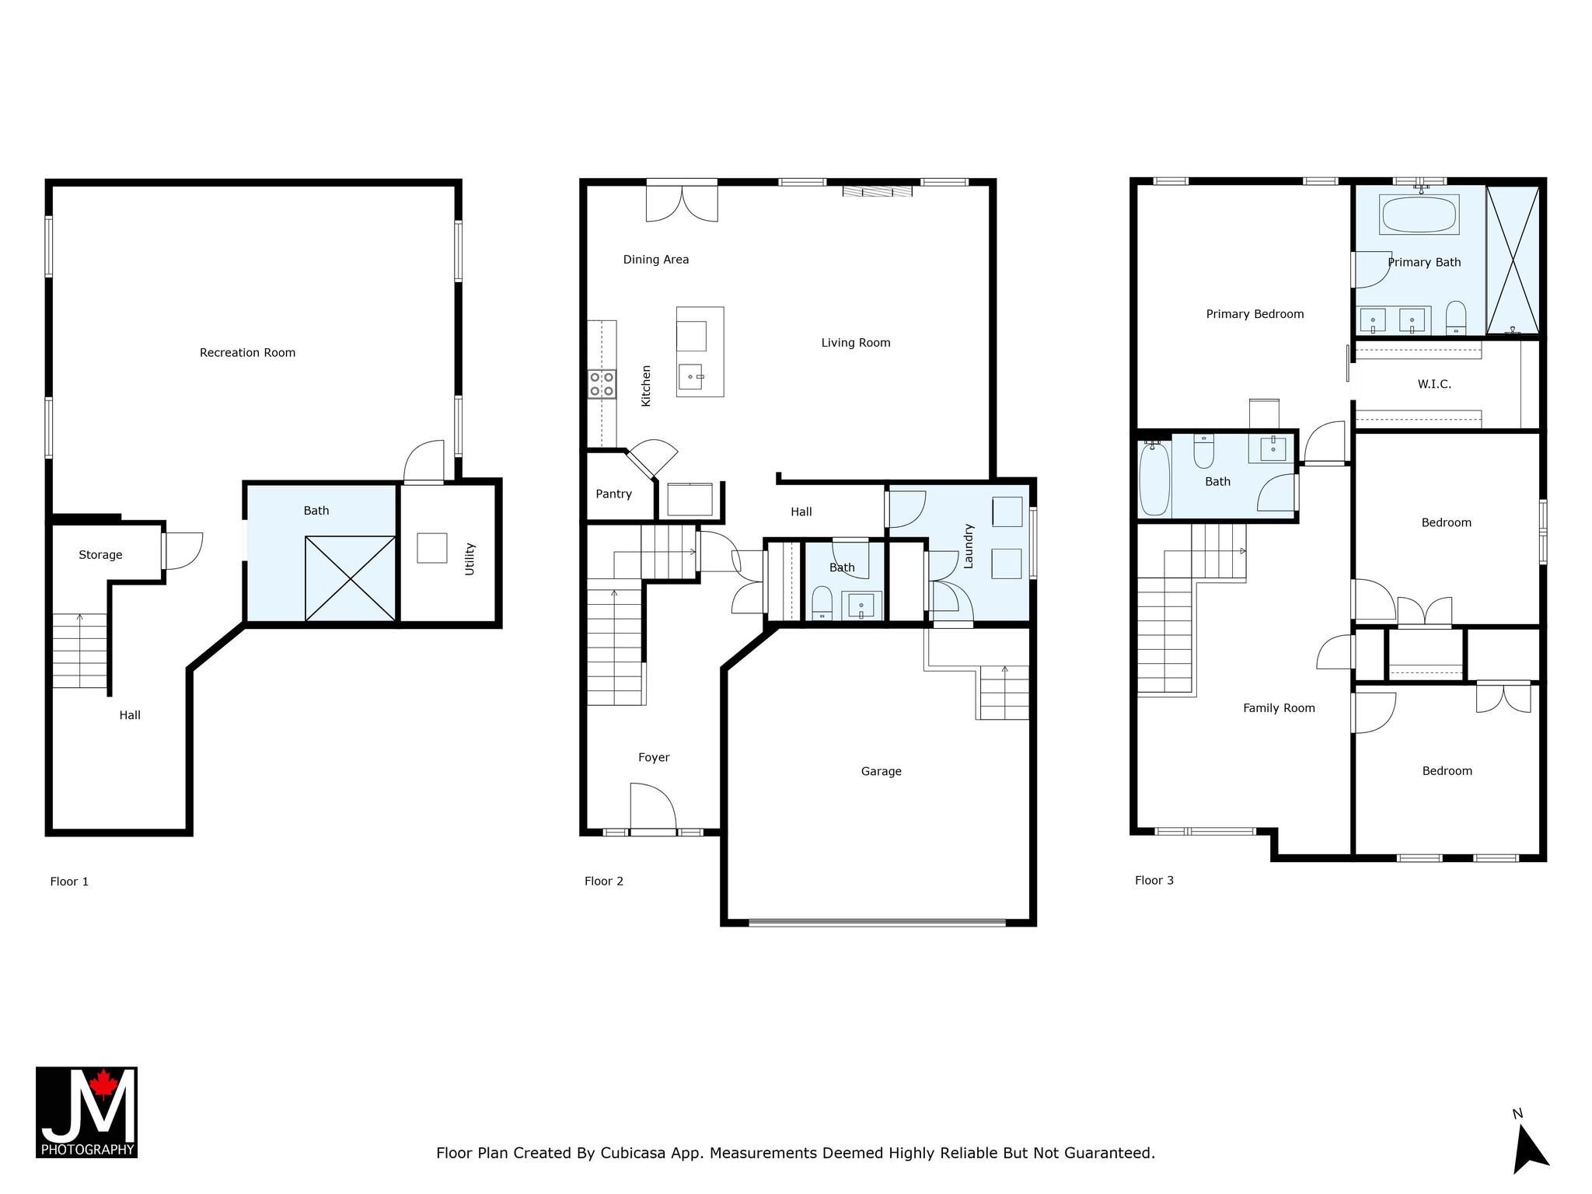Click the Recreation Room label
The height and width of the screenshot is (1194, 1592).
[x=247, y=353]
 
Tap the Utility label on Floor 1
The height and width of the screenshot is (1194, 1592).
[x=470, y=559]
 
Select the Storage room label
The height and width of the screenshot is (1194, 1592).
[x=100, y=555]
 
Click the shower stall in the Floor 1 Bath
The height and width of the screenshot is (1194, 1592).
[x=351, y=578]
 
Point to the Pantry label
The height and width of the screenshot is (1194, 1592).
[x=613, y=494]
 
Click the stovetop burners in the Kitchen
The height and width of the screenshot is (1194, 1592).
[x=602, y=384]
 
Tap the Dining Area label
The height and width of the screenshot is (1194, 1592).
[x=656, y=260]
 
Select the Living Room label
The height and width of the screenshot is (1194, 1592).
[x=856, y=343]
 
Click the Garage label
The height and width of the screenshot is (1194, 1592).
[x=881, y=771]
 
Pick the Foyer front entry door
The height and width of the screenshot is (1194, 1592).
[x=653, y=808]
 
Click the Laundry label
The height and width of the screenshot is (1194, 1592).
[x=969, y=546]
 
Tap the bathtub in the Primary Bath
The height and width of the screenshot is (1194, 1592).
[x=1419, y=215]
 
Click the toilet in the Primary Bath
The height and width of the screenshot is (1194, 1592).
[x=1456, y=318]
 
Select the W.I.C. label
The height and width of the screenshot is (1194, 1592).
[x=1434, y=384]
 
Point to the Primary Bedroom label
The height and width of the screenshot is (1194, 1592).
[x=1255, y=314]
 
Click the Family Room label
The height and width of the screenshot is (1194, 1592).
[x=1279, y=708]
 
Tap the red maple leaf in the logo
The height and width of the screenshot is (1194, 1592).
[x=102, y=1084]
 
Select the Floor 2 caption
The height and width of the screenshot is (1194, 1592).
[x=604, y=881]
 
